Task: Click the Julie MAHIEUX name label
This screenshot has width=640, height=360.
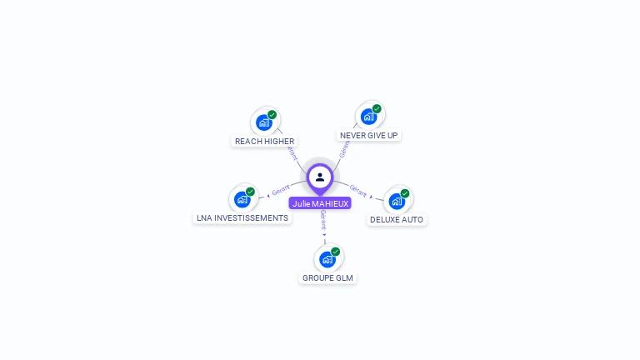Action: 320,203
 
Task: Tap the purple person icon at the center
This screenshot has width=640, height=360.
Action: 320,177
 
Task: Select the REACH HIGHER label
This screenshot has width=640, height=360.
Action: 264,141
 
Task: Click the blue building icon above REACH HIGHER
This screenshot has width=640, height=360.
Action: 264,122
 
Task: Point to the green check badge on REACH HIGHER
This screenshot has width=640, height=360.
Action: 272,115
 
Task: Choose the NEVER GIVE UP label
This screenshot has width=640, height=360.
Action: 369,135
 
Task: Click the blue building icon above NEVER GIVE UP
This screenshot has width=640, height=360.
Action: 368,117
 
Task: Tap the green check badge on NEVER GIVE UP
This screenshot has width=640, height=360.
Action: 377,109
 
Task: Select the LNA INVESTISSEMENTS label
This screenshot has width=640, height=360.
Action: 242,217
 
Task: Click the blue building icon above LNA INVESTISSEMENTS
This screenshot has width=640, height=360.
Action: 242,199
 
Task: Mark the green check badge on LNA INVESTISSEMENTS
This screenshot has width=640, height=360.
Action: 250,192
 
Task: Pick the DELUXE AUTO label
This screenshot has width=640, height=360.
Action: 397,219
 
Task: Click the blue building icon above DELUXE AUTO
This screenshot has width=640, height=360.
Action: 397,201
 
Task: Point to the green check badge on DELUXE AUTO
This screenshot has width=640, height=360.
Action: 405,193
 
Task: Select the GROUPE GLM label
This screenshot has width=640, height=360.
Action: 327,277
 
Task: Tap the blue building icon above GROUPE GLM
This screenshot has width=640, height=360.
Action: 327,259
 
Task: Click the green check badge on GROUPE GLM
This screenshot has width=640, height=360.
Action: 335,252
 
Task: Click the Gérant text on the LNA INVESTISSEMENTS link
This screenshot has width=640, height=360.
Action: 280,192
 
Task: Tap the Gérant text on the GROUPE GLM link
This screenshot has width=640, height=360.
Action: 323,221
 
